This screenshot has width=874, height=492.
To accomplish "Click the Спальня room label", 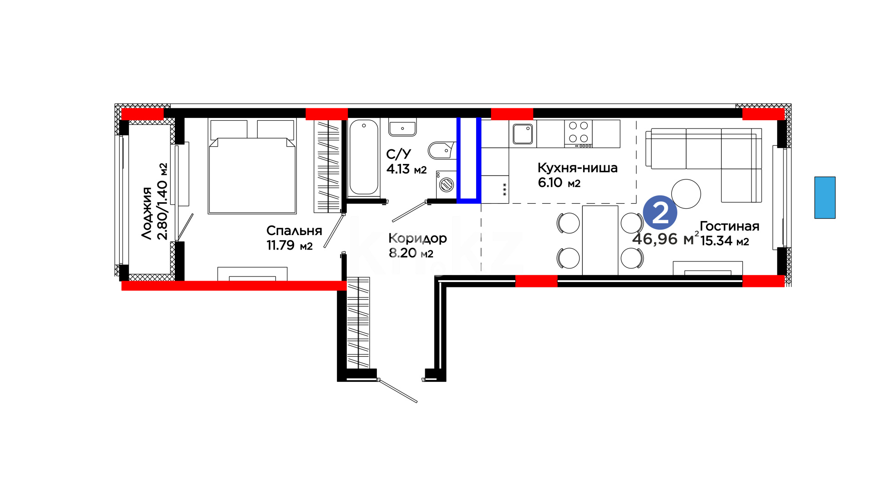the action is pyautogui.click(x=294, y=231).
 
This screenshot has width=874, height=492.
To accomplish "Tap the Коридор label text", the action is pyautogui.click(x=417, y=238).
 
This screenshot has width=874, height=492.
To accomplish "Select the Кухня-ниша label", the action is pyautogui.click(x=577, y=168).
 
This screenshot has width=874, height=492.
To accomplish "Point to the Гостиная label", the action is pyautogui.click(x=729, y=226).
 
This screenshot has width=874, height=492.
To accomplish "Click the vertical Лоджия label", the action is pyautogui.click(x=147, y=213).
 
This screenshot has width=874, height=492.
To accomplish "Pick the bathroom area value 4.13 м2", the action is pyautogui.click(x=407, y=169).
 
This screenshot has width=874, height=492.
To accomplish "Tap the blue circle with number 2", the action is pyautogui.click(x=660, y=213).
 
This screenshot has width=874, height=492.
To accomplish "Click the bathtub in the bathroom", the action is pyautogui.click(x=364, y=158).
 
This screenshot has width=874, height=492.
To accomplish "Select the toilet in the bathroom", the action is pyautogui.click(x=442, y=150).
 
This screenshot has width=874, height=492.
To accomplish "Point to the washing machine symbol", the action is pyautogui.click(x=446, y=184).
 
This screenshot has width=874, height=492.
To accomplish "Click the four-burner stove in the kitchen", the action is pyautogui.click(x=579, y=133).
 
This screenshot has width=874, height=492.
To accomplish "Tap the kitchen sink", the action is pyautogui.click(x=523, y=133).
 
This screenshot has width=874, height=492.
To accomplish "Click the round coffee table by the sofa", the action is pyautogui.click(x=686, y=194).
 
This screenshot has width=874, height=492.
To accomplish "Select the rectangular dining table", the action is pyautogui.click(x=600, y=241).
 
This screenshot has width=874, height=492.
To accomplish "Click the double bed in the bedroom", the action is pyautogui.click(x=252, y=166).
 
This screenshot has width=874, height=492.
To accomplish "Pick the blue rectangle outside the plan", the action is pyautogui.click(x=825, y=198).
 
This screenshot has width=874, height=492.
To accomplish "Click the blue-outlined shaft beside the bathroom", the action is pyautogui.click(x=469, y=159).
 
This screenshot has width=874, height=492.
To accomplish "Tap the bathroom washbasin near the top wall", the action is pyautogui.click(x=402, y=127).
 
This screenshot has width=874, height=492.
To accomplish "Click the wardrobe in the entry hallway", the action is pyautogui.click(x=358, y=323).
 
